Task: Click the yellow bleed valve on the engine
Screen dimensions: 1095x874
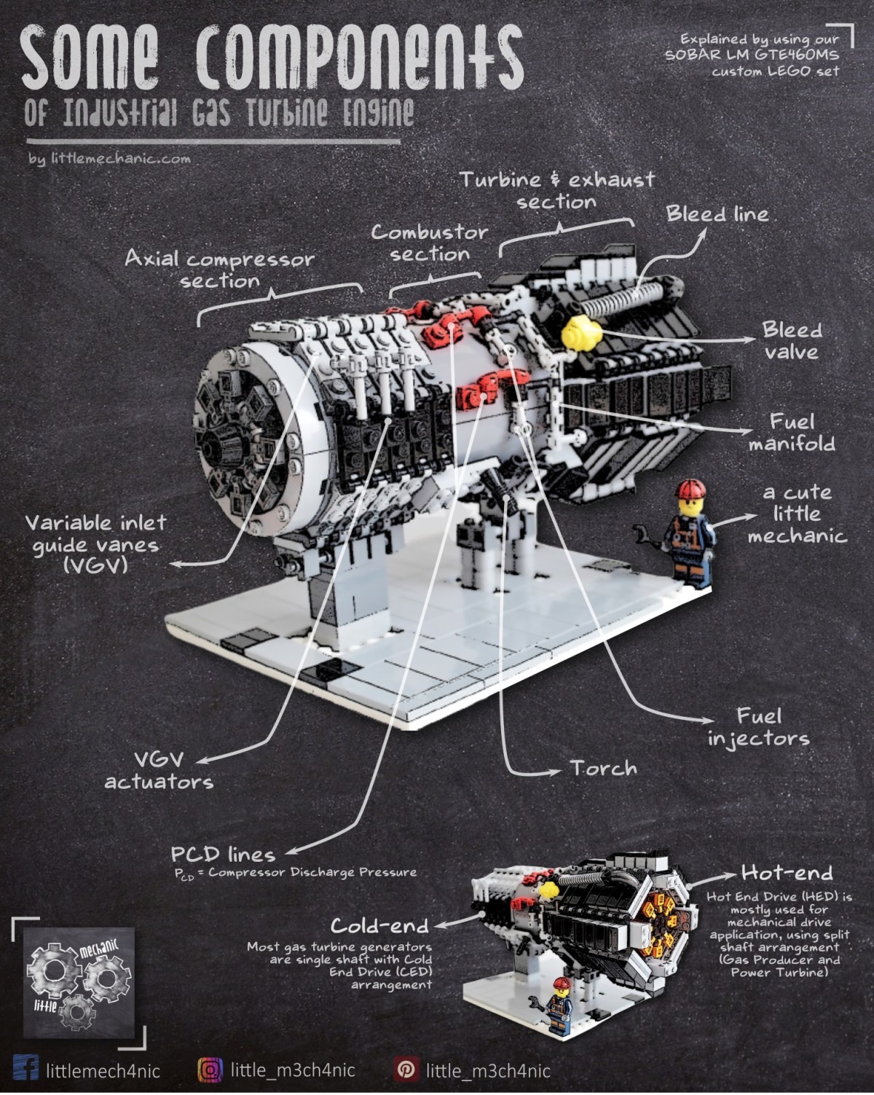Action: point(580,334)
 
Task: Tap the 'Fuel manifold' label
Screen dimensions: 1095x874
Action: point(792,433)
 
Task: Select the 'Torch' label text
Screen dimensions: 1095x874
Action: point(603,769)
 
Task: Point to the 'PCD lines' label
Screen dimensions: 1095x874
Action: point(223,854)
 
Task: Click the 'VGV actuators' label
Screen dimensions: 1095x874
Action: point(159,770)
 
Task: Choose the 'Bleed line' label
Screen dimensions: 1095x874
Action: point(717,214)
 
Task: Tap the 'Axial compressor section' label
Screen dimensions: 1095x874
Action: point(219,270)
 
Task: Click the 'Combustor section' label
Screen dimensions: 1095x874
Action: point(430,243)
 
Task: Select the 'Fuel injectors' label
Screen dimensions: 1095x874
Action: point(758,726)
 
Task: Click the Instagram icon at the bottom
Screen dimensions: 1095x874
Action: point(210,1070)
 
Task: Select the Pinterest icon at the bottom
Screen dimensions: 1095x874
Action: point(406,1070)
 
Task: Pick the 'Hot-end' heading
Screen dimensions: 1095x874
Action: point(787,872)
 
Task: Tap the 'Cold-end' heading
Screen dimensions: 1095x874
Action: point(379,925)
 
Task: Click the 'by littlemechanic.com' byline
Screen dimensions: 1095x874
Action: point(109,158)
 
